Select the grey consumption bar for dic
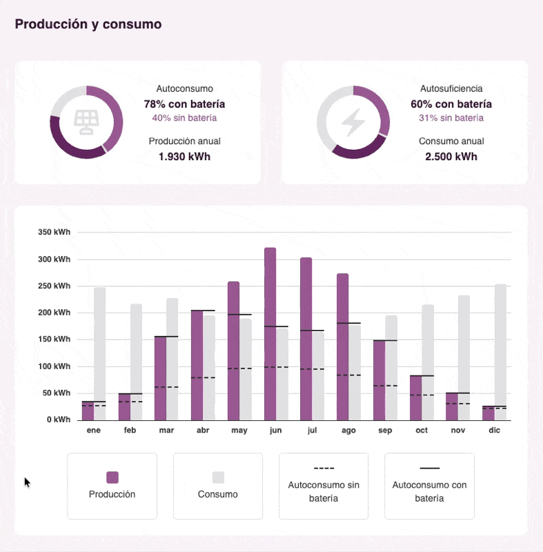500,352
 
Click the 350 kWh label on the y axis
54,233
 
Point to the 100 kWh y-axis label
54,366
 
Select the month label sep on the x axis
385,431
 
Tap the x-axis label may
239,431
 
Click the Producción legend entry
112,486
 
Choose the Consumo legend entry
218,486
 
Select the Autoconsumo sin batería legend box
324,486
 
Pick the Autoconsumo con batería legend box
429,486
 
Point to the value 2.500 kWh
451,157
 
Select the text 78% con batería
184,104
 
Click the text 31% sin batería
451,118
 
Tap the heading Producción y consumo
88,24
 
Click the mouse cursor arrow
28,482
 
